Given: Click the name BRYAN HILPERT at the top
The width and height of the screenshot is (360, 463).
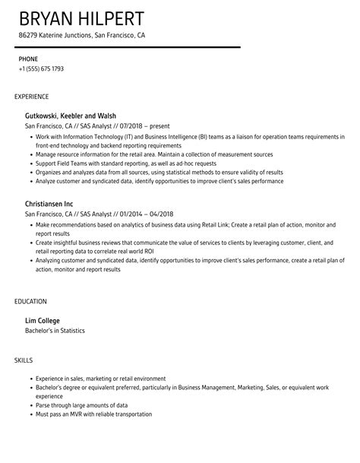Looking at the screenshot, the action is coord(82,18).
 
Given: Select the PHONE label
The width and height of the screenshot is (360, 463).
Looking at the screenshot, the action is coord(28,59).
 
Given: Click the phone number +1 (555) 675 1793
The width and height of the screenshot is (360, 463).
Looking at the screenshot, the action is coord(41,68).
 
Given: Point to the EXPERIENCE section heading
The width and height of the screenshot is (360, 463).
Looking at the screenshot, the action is coord(32,97).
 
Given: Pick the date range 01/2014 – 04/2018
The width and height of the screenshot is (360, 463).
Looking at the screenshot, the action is coord(140,214).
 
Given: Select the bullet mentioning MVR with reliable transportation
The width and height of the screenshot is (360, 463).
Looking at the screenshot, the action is coord(93,414).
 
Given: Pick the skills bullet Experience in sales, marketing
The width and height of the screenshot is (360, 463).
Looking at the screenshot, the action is coord(100,378).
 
